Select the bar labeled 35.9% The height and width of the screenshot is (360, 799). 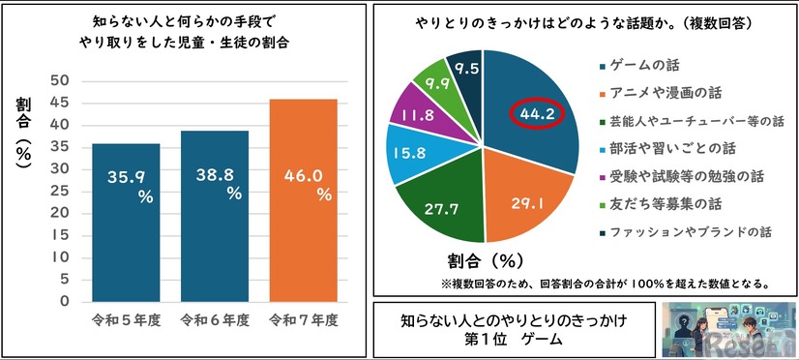click(125, 222)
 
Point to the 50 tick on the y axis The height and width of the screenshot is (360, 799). click(60, 80)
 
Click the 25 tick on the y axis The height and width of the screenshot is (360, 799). click(60, 191)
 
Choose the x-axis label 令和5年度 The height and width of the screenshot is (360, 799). click(125, 318)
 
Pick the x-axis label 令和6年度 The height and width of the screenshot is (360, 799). click(214, 318)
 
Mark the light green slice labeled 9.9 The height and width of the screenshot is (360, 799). click(431, 83)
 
